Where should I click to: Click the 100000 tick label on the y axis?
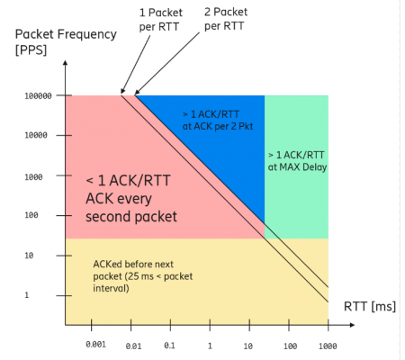[38, 96]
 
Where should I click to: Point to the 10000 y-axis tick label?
[36, 135]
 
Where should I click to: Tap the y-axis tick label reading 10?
[29, 256]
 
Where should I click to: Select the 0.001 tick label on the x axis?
[96, 345]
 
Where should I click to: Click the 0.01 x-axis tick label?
[133, 346]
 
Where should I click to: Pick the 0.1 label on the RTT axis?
[169, 346]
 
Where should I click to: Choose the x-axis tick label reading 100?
[291, 346]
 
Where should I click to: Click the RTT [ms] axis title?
[370, 307]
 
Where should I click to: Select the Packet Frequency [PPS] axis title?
[66, 41]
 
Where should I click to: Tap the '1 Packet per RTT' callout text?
[161, 20]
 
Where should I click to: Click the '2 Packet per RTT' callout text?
[226, 19]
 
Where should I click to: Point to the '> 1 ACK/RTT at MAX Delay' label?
[297, 161]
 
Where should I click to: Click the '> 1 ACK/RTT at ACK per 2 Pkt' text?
[218, 121]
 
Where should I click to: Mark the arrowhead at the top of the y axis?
[65, 62]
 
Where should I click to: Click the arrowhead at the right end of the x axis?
[353, 325]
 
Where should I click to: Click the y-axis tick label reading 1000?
[33, 177]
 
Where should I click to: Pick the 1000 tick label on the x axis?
[328, 346]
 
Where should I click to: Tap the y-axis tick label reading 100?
[31, 215]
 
